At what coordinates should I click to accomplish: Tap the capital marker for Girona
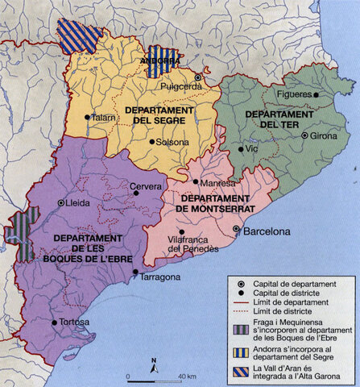coord(304,135)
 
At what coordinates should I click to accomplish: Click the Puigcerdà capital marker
coord(197,78)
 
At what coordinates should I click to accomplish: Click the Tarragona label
coord(161,277)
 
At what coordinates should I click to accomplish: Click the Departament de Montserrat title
coord(217,203)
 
